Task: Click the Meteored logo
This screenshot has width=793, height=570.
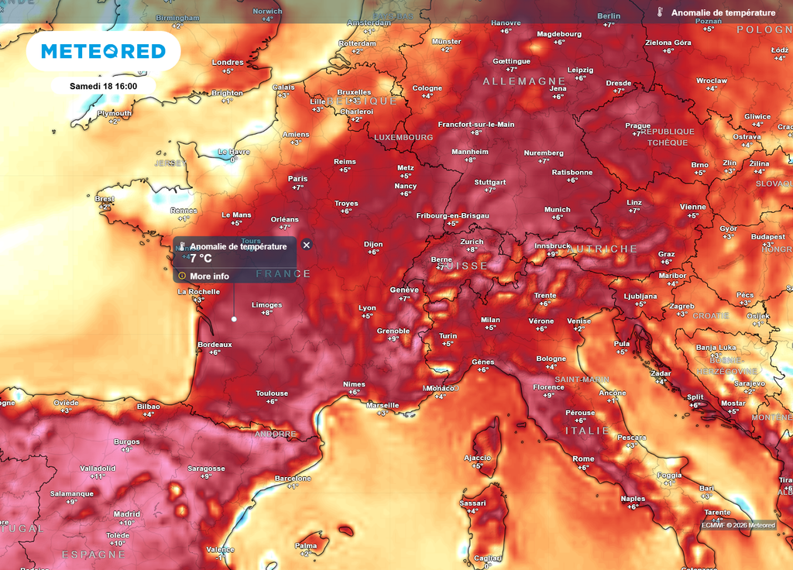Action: pyautogui.click(x=103, y=51)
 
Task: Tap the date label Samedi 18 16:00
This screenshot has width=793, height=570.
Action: pyautogui.click(x=103, y=85)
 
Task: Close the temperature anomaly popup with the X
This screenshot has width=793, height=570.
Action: pyautogui.click(x=307, y=245)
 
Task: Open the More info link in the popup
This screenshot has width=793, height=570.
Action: pyautogui.click(x=209, y=276)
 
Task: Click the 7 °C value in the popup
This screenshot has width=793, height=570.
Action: pyautogui.click(x=201, y=259)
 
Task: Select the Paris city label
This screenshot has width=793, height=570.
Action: pyautogui.click(x=298, y=179)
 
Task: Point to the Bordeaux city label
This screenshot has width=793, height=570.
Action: pyautogui.click(x=215, y=344)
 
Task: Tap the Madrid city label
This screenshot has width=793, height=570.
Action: pyautogui.click(x=127, y=514)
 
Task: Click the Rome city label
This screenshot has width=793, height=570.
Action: pyautogui.click(x=583, y=459)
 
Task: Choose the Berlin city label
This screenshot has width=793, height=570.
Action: pyautogui.click(x=609, y=16)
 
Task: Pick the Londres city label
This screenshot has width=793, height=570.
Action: pyautogui.click(x=228, y=63)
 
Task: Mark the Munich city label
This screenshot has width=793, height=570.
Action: pyautogui.click(x=557, y=209)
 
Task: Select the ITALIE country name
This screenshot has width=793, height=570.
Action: pyautogui.click(x=587, y=431)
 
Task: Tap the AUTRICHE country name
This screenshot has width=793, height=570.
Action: pyautogui.click(x=602, y=249)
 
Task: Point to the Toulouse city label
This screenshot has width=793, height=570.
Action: pyautogui.click(x=272, y=393)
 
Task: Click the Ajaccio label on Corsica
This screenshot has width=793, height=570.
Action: pyautogui.click(x=477, y=458)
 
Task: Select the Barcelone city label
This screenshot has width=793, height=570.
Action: pyautogui.click(x=293, y=479)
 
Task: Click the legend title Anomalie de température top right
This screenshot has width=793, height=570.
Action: pyautogui.click(x=723, y=13)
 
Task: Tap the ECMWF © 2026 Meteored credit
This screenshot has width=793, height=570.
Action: pyautogui.click(x=738, y=525)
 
